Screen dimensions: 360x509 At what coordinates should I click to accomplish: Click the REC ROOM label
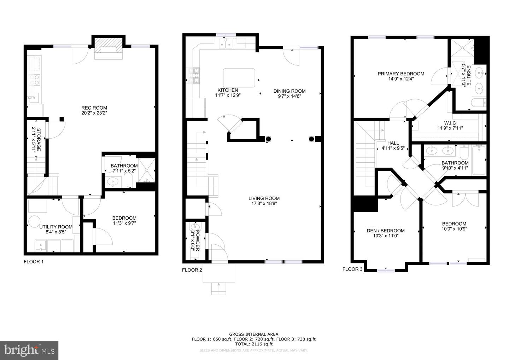(x=94, y=108)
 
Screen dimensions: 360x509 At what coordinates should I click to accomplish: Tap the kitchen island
(x=239, y=78)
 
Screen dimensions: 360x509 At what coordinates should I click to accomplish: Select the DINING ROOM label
(x=289, y=91)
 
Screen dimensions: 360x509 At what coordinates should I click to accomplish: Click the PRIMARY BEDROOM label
(x=401, y=74)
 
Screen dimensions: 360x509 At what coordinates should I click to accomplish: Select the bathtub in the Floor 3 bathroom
(x=479, y=161)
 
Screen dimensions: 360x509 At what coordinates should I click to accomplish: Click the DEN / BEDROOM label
(x=386, y=231)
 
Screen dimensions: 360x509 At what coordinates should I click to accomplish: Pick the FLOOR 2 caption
(x=192, y=270)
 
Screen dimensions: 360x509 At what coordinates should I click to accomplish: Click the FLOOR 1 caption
(x=34, y=262)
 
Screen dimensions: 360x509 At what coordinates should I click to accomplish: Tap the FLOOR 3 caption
(x=352, y=269)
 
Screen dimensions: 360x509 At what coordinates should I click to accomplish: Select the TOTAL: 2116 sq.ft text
(x=253, y=344)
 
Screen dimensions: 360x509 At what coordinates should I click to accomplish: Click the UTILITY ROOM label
(x=56, y=227)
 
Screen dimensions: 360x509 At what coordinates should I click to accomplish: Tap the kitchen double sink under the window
(x=226, y=43)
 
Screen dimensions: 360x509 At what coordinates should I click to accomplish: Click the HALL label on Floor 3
(x=393, y=143)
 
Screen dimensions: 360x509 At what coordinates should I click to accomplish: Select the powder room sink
(x=194, y=226)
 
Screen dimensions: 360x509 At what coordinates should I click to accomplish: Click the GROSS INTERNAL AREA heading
(x=253, y=334)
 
